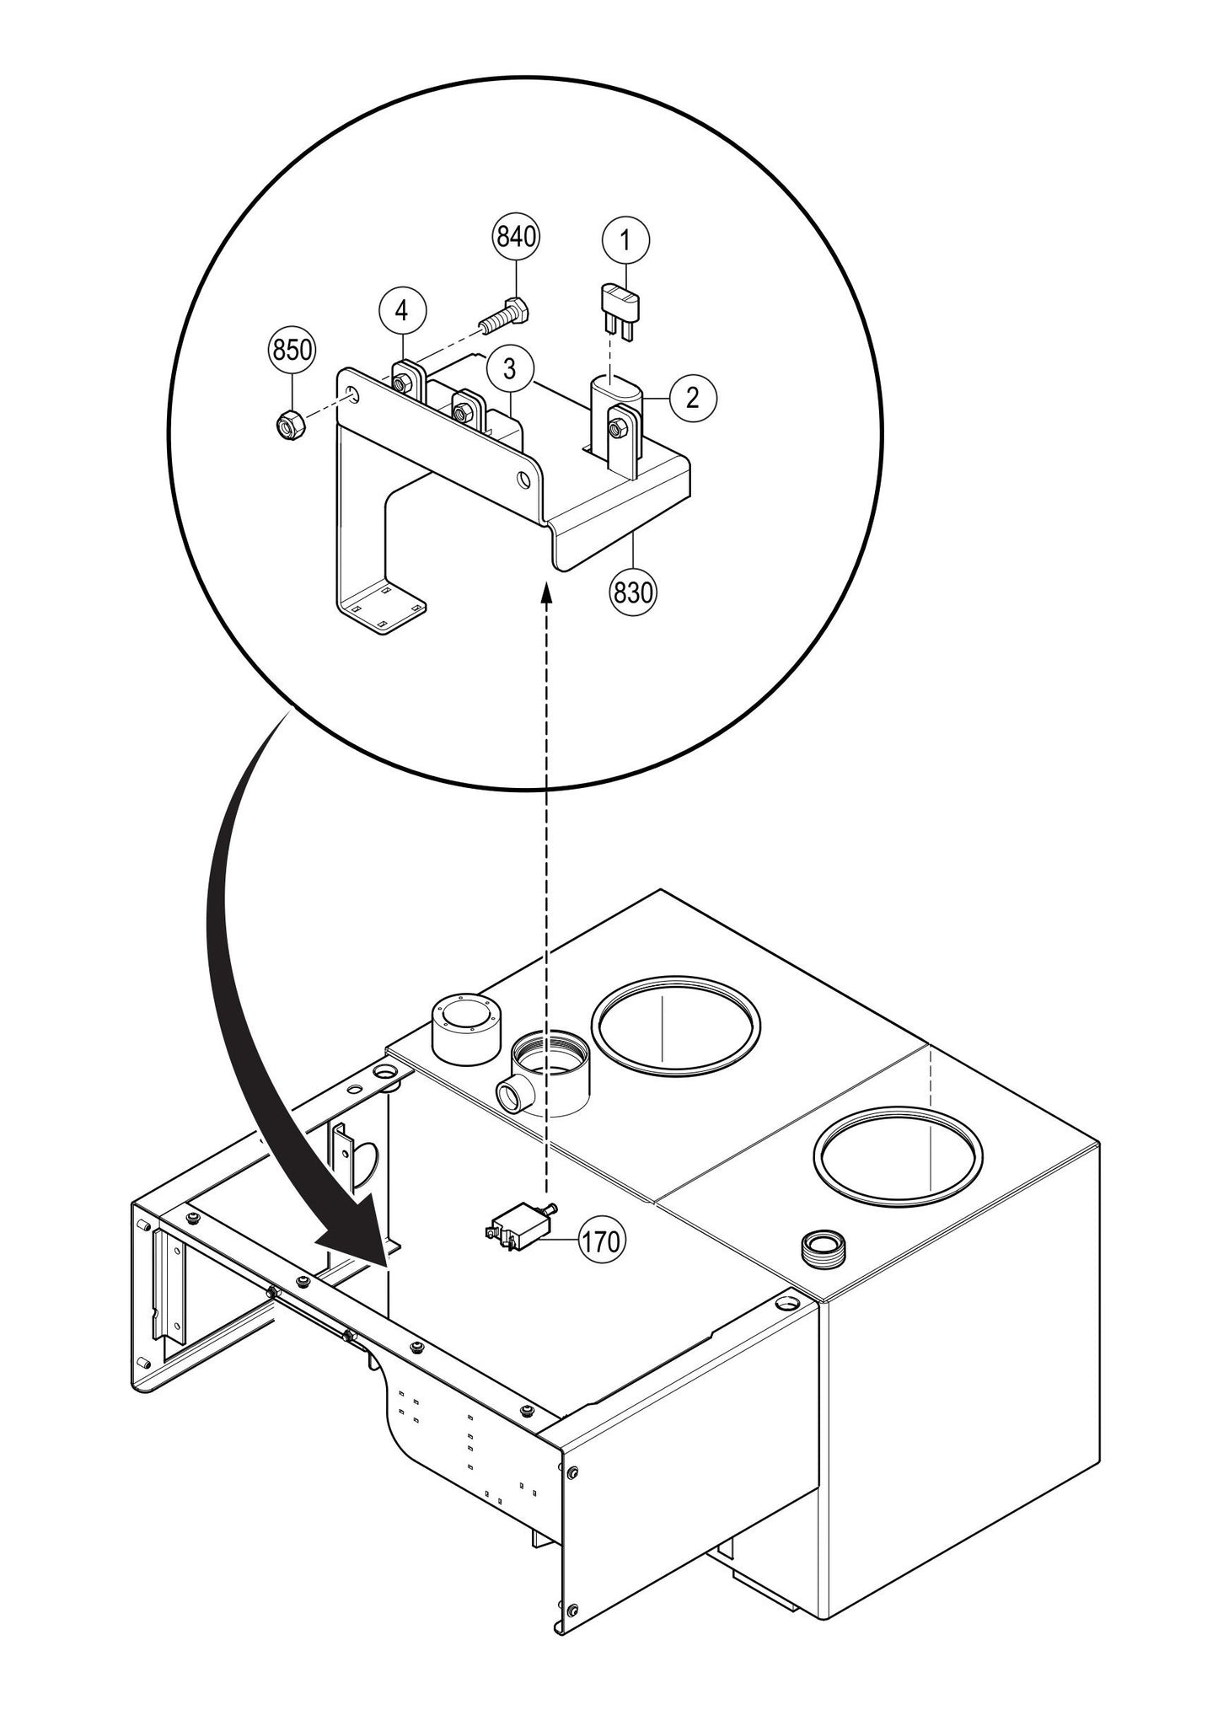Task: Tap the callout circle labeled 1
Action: tap(625, 241)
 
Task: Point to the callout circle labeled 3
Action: tap(508, 368)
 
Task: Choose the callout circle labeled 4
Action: tap(402, 311)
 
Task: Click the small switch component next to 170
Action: tap(516, 1227)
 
